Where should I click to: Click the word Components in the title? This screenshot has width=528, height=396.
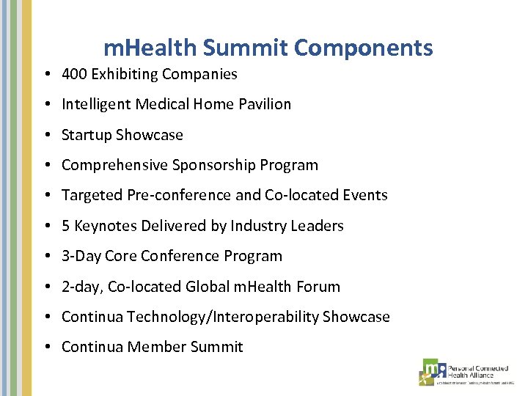tap(363, 48)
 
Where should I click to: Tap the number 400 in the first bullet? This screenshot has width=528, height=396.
tap(75, 74)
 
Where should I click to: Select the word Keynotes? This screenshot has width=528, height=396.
tap(103, 226)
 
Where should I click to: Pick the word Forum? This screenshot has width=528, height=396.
tap(318, 287)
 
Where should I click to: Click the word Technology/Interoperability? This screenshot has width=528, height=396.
tap(223, 317)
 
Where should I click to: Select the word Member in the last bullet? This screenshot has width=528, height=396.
tap(156, 347)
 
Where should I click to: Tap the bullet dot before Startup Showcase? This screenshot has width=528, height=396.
tap(46, 136)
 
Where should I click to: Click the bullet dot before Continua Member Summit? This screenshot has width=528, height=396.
tap(46, 348)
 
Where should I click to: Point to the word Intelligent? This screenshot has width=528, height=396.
tap(97, 104)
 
